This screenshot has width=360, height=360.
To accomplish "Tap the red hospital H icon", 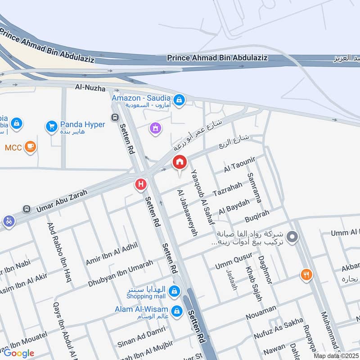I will (x=141, y=184).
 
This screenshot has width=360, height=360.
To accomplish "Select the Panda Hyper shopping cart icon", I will (x=52, y=126).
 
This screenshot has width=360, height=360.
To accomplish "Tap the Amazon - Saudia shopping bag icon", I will (x=179, y=100).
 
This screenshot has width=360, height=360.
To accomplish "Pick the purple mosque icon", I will (x=155, y=129).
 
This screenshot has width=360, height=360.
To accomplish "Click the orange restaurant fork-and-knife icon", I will (x=306, y=274).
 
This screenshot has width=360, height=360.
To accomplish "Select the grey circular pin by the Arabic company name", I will (x=292, y=235).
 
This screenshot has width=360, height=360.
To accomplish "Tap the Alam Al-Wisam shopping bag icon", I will (x=176, y=310).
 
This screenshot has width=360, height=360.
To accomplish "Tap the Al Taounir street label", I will (x=240, y=165).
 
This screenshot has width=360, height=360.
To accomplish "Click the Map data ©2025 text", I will (x=336, y=356).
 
